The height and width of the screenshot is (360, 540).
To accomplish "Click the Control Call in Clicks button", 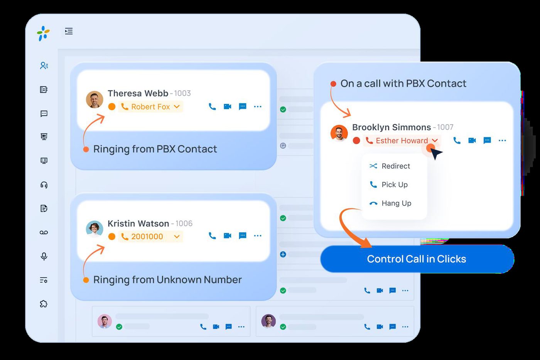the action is (417, 259).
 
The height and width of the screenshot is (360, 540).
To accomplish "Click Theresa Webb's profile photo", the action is (94, 99).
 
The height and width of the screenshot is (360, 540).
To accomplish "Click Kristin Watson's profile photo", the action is (94, 229).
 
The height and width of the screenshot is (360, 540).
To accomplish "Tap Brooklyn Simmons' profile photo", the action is (339, 133).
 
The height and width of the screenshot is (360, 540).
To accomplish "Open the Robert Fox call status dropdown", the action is (150, 106).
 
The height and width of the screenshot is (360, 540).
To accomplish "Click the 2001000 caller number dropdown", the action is (150, 237).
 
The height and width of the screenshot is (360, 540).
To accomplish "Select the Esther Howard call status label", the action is (402, 140).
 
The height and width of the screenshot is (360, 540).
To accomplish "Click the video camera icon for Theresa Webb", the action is (227, 106).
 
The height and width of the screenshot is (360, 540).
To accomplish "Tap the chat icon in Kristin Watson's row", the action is (243, 236).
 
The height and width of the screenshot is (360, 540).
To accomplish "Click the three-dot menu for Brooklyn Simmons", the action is (502, 140).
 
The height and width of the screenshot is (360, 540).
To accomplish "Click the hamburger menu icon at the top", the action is (69, 31).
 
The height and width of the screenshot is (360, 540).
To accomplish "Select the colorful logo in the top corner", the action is (43, 33).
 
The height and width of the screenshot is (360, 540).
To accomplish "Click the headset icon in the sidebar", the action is (44, 185).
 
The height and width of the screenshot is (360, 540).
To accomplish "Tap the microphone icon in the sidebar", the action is (44, 256).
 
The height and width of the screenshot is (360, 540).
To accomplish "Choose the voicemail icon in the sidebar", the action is (44, 232).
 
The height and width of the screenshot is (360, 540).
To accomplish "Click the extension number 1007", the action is (445, 127).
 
